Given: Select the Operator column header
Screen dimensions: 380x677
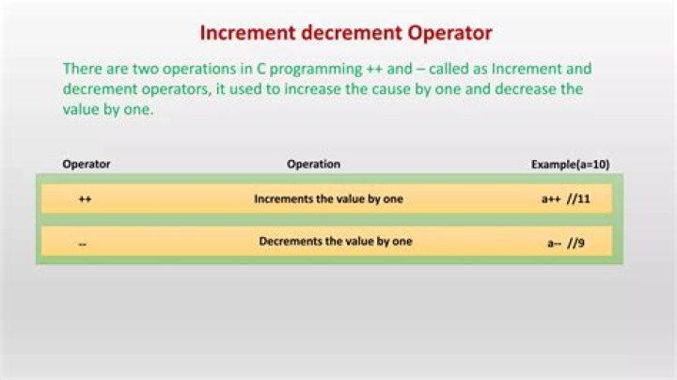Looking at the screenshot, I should tap(87, 165).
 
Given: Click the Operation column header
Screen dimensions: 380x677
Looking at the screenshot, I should tap(313, 165).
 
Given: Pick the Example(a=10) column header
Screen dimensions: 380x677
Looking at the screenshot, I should tap(570, 165).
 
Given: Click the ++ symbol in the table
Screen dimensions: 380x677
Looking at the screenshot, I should tap(85, 199).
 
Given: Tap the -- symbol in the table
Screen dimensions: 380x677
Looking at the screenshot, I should tap(84, 243).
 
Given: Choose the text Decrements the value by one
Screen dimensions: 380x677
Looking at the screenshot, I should tap(336, 242).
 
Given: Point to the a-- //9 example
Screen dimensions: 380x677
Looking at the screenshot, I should tap(566, 243).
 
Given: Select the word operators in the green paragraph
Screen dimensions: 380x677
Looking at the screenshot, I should tap(172, 89).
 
